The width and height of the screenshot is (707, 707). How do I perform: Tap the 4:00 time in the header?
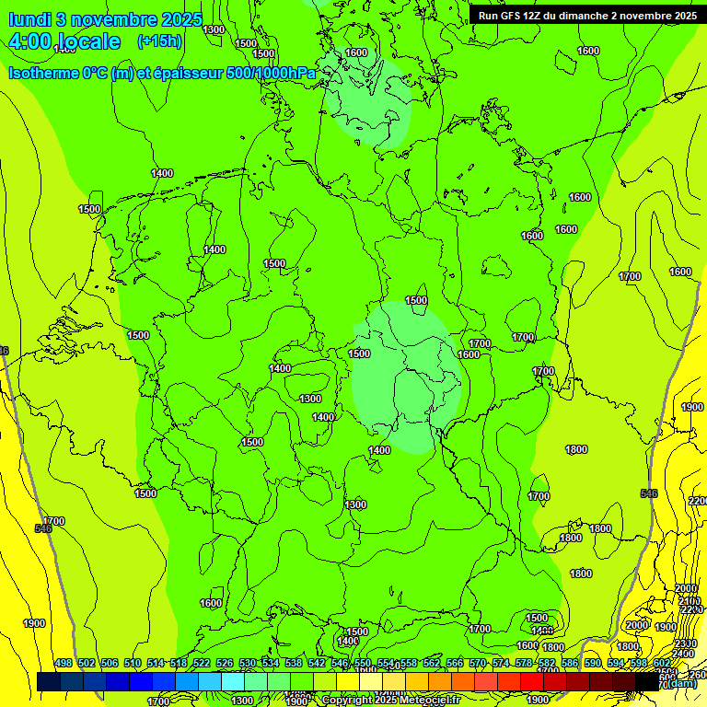click(31, 41)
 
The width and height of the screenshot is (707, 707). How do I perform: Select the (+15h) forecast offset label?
click(159, 41)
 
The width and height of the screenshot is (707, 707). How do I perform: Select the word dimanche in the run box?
click(585, 15)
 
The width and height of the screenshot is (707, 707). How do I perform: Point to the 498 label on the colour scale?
click(64, 664)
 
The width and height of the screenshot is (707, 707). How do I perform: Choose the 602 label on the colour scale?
click(661, 664)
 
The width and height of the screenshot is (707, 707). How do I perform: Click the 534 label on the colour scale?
click(271, 664)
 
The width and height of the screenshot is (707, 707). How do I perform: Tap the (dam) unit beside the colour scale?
click(681, 683)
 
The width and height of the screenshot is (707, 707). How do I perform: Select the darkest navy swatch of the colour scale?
click(48, 681)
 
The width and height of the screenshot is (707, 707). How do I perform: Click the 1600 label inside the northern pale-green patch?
click(356, 53)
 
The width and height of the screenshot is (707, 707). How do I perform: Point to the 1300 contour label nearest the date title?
click(214, 29)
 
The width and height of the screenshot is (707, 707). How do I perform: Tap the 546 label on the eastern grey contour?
click(649, 494)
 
